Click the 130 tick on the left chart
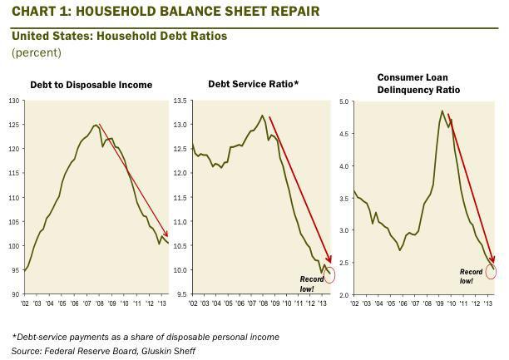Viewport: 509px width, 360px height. tap(12, 101)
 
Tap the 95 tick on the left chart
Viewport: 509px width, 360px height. tap(14, 270)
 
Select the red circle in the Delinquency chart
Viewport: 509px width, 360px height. tap(492, 269)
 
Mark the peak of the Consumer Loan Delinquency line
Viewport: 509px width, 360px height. tap(441, 111)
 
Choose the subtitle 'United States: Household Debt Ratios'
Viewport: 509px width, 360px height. tap(119, 37)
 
